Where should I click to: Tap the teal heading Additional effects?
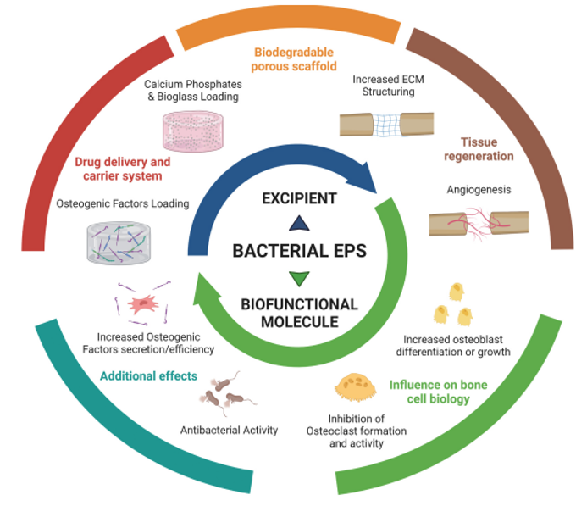(x=148, y=375)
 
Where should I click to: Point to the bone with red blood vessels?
(x=479, y=223)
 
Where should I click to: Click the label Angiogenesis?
(x=479, y=190)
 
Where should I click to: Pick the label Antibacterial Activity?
(x=229, y=430)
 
